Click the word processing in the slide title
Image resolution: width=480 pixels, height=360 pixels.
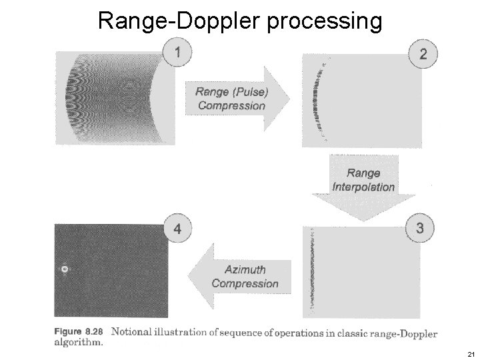point(325,22)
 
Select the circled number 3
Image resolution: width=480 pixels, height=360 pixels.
point(419,227)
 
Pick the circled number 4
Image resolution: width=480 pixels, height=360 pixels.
point(177,229)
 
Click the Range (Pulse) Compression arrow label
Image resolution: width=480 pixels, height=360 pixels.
point(231,99)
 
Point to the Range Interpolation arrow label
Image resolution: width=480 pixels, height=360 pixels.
point(363,180)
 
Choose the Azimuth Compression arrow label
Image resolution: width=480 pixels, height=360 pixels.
point(245,277)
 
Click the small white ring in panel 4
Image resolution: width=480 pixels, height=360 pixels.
point(65,269)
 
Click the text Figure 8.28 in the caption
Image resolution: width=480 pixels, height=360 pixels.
point(80,331)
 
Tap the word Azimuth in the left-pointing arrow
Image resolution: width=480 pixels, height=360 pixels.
point(245,270)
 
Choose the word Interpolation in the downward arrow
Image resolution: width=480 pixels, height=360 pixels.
point(363,187)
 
